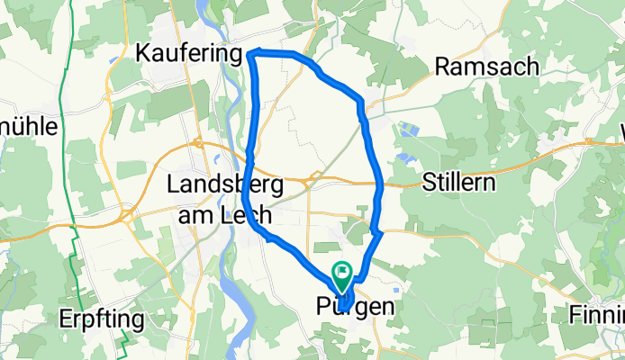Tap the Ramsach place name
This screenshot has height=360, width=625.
[486, 67]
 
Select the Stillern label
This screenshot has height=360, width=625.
[461, 184]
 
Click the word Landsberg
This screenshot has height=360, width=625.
[227, 184]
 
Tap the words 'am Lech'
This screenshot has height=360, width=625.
[219, 214]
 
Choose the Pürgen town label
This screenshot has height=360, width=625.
[356, 307]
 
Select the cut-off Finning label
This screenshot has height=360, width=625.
[597, 314]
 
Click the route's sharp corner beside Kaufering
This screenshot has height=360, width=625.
[250, 54]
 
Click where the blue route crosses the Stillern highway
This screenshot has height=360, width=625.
[381, 184]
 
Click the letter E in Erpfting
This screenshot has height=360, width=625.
[39, 319]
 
